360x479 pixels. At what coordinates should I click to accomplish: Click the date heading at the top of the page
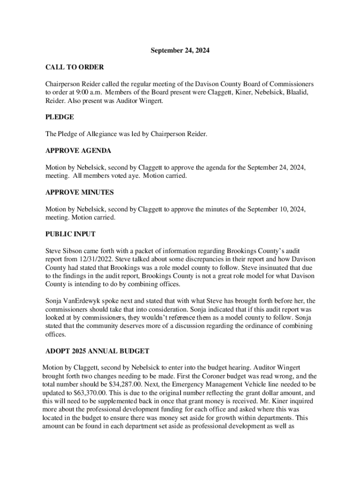[x=180, y=51]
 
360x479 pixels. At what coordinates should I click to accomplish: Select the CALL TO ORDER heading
[x=74, y=67]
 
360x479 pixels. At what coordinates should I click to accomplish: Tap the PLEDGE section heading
[x=59, y=117]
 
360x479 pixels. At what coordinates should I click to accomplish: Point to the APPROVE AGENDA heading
[x=78, y=151]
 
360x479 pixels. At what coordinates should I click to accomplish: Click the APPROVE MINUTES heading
[x=79, y=192]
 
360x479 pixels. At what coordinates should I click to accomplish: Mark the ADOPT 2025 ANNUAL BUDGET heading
[x=97, y=351]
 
